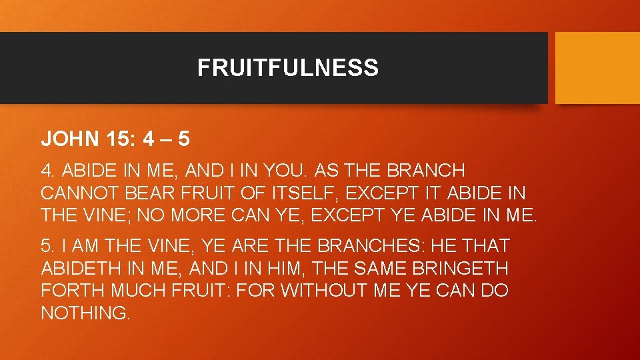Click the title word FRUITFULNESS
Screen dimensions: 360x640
[287, 67]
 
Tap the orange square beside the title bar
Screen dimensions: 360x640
[597, 67]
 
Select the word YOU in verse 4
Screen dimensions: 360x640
[283, 170]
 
